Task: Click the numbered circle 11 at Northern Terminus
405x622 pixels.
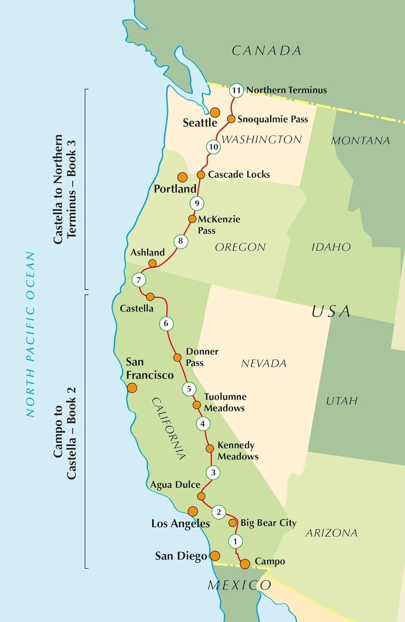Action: [x=236, y=90]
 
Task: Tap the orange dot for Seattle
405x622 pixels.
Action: [x=215, y=112]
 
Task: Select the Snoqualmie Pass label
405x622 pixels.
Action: [x=272, y=119]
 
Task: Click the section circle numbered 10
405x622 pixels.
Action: [x=213, y=147]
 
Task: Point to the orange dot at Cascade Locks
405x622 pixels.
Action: [x=201, y=175]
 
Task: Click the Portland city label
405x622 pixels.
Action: [x=175, y=189]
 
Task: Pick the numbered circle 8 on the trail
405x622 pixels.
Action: [x=181, y=241]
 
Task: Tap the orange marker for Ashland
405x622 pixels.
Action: [x=152, y=263]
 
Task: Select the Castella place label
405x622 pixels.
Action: [x=136, y=309]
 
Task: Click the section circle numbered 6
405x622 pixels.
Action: [x=166, y=323]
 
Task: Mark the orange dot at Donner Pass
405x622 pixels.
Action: [x=177, y=357]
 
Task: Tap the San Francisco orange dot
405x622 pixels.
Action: [x=132, y=388]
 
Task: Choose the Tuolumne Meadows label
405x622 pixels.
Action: [x=225, y=402]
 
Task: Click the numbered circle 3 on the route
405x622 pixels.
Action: [x=213, y=472]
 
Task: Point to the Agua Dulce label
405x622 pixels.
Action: [x=175, y=485]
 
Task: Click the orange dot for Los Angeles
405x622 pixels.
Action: [x=193, y=511]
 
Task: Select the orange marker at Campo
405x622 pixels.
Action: [x=245, y=564]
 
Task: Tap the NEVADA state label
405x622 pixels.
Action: [x=263, y=364]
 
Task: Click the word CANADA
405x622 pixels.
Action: [x=266, y=51]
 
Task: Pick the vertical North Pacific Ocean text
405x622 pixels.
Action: [x=31, y=334]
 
